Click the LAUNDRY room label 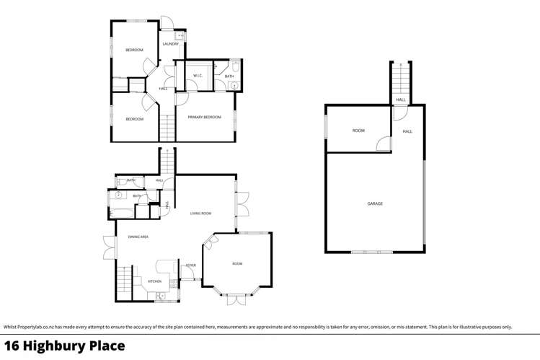171,44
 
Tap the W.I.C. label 198,76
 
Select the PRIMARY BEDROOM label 204,117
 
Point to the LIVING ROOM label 200,214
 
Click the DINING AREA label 138,237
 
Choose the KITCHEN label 154,281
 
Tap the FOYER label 190,265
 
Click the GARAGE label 375,203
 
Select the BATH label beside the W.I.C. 229,76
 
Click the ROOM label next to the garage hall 358,131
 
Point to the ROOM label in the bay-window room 237,264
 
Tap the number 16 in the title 12,346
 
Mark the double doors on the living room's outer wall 242,204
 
